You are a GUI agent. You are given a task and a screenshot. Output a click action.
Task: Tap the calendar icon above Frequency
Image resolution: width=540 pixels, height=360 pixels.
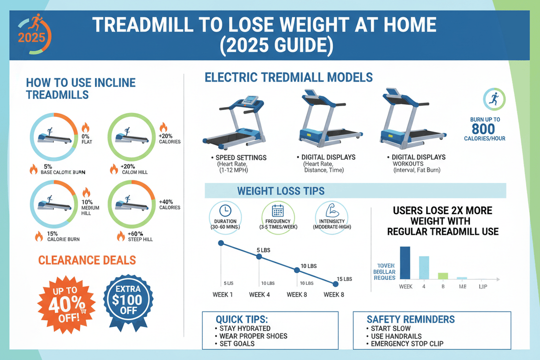coord(277,211)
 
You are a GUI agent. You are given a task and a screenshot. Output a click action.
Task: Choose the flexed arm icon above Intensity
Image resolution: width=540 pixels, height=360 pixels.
coord(329,211)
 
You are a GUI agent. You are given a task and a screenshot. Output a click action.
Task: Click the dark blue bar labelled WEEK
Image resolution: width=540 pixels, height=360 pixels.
coord(405,263)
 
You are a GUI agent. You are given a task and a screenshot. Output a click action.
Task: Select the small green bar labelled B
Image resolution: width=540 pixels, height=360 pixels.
coord(443,276)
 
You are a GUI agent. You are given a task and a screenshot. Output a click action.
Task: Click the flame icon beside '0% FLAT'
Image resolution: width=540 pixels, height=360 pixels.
coord(85,128)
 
